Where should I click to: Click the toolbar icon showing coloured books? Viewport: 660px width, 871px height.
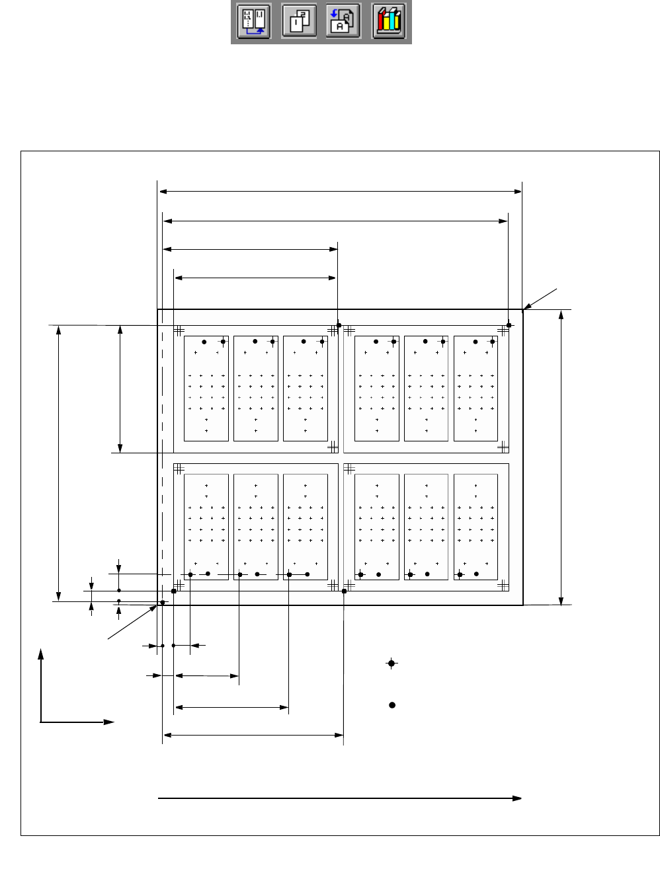tap(388, 22)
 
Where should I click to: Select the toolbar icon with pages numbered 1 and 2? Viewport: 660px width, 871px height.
tap(298, 22)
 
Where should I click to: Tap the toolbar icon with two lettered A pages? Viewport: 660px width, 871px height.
tap(343, 22)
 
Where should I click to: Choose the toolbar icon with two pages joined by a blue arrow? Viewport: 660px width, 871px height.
tap(254, 22)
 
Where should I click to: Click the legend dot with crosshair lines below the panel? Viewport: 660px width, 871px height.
tap(392, 663)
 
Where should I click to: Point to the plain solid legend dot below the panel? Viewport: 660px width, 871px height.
tap(392, 705)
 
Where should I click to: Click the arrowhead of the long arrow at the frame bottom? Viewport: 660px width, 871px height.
tap(517, 798)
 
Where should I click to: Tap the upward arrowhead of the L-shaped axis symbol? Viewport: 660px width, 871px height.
tap(41, 654)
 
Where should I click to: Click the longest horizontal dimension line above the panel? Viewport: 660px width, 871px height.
tap(341, 192)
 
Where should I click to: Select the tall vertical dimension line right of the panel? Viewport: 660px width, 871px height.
tap(561, 456)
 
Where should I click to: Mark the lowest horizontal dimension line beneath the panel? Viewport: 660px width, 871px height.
tap(253, 735)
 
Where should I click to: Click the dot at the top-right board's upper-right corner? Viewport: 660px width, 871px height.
tap(509, 325)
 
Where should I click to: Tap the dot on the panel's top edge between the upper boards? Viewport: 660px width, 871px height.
tap(339, 325)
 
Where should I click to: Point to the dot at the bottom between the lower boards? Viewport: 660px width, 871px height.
tap(345, 591)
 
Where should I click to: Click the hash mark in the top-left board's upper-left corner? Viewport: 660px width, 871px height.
tap(179, 330)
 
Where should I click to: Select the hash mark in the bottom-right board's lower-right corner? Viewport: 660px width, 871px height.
tap(503, 585)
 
